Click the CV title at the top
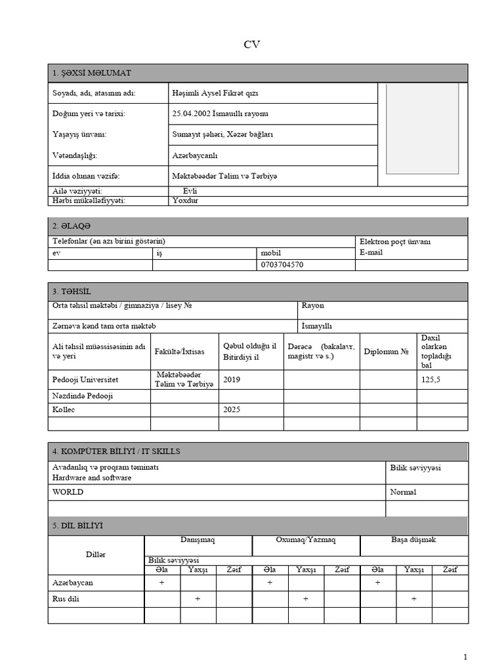[x=252, y=45]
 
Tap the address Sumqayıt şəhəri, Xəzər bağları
[x=222, y=135]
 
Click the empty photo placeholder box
[x=422, y=128]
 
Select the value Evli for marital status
[x=190, y=191]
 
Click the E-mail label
[x=371, y=252]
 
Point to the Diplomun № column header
[x=387, y=351]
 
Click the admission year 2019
[x=232, y=379]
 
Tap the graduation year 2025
[x=232, y=409]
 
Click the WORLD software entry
[x=68, y=492]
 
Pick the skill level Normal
[x=403, y=492]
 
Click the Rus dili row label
[x=68, y=598]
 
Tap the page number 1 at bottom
[x=465, y=657]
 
